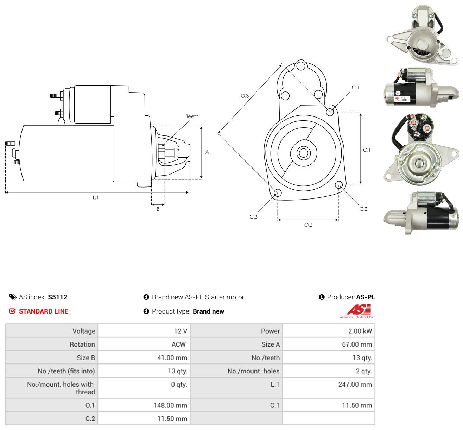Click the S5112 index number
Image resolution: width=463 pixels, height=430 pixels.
[57, 297]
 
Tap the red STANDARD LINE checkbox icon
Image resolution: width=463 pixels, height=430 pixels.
[12, 311]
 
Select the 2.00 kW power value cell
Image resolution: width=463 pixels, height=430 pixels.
[329, 331]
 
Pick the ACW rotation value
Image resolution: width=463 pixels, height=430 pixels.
[179, 344]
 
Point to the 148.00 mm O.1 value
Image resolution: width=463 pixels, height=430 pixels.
[170, 405]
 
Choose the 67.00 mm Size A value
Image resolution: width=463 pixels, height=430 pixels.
[357, 344]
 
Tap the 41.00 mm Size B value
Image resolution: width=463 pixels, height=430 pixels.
[172, 358]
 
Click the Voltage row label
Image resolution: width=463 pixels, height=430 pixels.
[84, 331]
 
